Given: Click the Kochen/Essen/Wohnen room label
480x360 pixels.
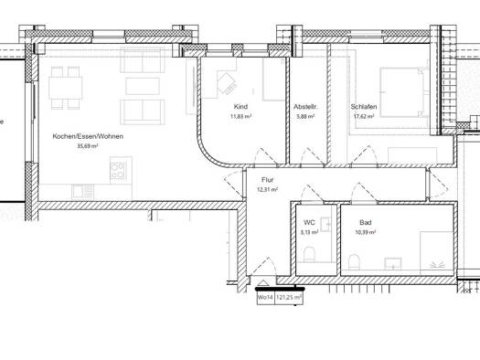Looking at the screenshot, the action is coord(88,136).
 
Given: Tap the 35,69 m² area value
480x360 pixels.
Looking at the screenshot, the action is coord(88,146).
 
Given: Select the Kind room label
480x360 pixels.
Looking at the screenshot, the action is coord(240,107).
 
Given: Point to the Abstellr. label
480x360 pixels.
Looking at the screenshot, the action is coord(305,107).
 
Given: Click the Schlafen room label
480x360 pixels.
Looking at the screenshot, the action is coord(364,107).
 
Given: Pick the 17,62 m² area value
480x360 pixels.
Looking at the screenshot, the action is coord(364,116).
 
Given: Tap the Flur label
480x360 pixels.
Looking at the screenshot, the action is coord(267,180).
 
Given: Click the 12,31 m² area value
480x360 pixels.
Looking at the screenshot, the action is coord(267,189).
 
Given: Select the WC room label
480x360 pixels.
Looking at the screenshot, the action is coord(309,222).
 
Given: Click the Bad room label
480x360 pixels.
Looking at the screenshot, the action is coord(366,222).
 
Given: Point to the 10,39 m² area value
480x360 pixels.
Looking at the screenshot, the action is coord(365,232).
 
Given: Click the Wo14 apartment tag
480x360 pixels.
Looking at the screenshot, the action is coord(266,297).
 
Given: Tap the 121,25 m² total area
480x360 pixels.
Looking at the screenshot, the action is coord(289,297).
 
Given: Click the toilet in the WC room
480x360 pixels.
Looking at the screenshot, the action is coord(310,255).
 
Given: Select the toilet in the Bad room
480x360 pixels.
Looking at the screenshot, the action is coord(354,262).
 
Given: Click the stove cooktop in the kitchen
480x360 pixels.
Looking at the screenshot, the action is coord(118,171).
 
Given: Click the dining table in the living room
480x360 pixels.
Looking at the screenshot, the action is coord(66,88).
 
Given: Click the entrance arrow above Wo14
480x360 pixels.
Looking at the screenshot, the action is coord(263,282).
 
